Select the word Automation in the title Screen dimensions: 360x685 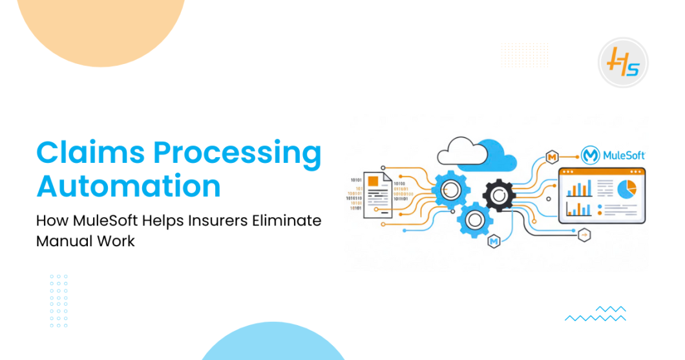point(129,186)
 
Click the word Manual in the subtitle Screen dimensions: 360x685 point(59,241)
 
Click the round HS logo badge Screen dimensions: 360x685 point(622,63)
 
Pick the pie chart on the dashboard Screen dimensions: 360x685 point(626,189)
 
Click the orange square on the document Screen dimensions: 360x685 point(373,182)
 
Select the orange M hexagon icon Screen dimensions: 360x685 point(552,157)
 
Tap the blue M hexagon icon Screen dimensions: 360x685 point(494,242)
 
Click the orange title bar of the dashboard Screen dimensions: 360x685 point(602,172)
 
